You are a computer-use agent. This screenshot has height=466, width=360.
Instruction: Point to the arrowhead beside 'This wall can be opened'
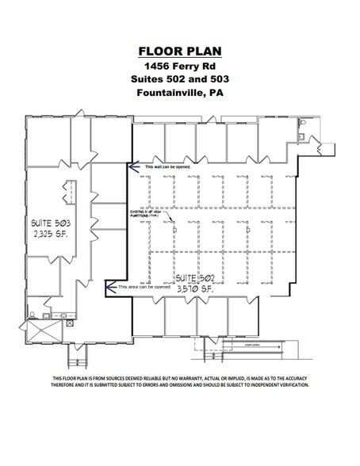(x=133, y=167)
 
